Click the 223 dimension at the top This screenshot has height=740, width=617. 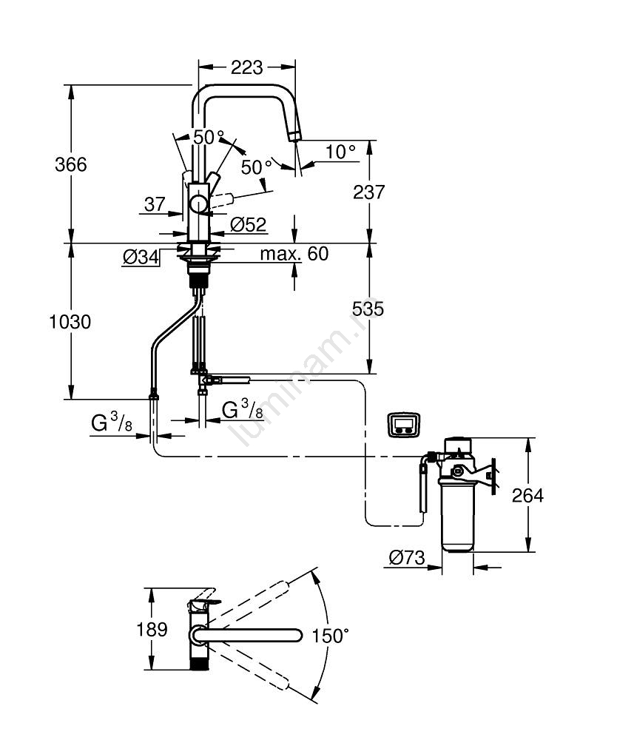[246, 67]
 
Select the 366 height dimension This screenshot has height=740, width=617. [71, 164]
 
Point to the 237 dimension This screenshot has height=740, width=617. [369, 192]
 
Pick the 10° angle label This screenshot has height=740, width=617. [340, 152]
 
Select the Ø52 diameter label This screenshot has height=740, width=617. [248, 224]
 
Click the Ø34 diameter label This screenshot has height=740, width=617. [141, 257]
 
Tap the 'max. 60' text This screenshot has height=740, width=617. [294, 255]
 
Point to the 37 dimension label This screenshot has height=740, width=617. [155, 205]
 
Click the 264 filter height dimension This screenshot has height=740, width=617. [528, 495]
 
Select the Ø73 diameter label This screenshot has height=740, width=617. [407, 558]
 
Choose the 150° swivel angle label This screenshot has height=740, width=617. [330, 635]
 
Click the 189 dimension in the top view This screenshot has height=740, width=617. [152, 630]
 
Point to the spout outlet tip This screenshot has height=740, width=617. [294, 135]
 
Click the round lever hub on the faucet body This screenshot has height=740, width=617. [199, 203]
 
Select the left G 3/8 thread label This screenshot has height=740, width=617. [112, 424]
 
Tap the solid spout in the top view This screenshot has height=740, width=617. [252, 635]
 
